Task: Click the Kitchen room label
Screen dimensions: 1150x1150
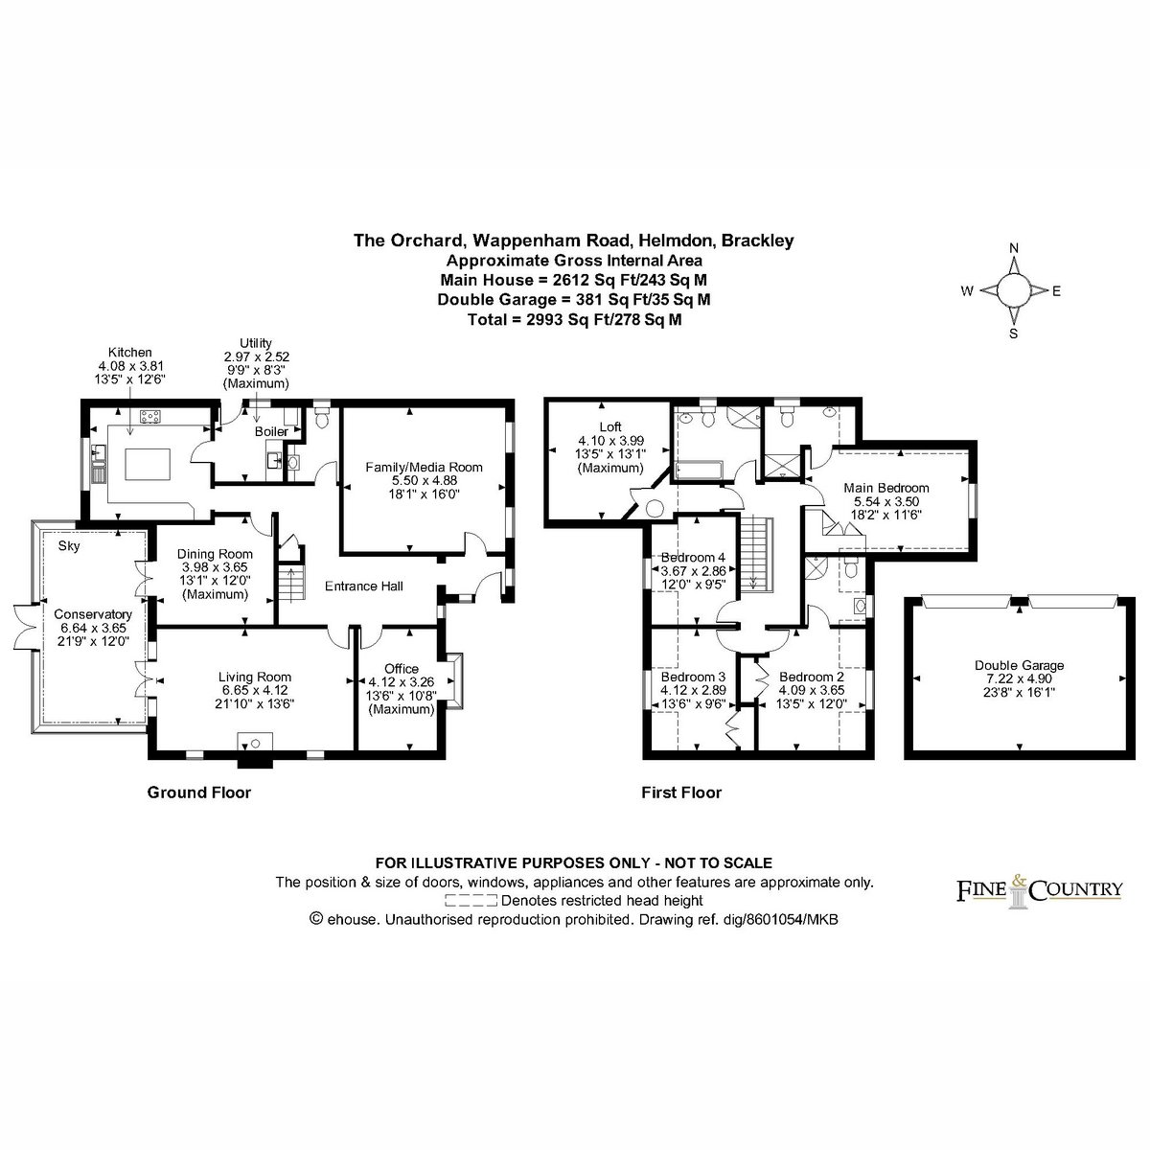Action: click(130, 352)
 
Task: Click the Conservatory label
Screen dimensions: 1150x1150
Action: click(93, 614)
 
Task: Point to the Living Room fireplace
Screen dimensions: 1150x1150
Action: click(256, 749)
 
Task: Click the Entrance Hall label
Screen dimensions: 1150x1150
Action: click(363, 586)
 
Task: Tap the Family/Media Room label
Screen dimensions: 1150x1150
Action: click(424, 468)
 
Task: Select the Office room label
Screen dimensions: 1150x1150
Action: click(401, 668)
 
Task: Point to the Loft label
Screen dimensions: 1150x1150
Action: click(609, 426)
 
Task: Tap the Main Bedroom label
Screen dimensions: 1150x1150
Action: click(886, 488)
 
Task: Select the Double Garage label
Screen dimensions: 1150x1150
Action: click(1020, 665)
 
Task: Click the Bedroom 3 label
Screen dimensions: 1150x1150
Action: click(693, 677)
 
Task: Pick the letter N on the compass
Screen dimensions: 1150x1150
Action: click(1013, 247)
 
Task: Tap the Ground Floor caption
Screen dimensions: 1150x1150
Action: click(198, 793)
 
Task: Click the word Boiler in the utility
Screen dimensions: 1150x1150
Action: click(271, 431)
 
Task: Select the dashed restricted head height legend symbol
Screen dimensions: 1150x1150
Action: click(471, 901)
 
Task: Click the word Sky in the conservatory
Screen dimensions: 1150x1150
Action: click(69, 546)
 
